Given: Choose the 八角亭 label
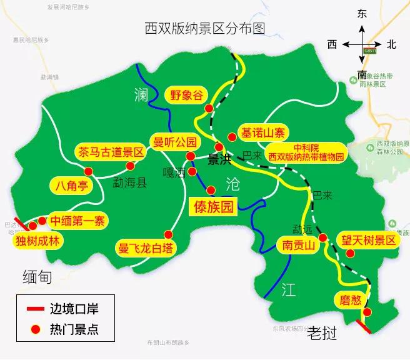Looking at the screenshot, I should [x=69, y=185].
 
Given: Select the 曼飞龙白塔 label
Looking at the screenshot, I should [x=144, y=247].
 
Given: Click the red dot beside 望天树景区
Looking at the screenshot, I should [x=351, y=254].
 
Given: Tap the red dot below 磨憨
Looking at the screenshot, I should [x=367, y=312].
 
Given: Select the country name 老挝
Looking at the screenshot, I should [x=323, y=335].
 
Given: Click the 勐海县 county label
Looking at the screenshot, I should [x=129, y=182].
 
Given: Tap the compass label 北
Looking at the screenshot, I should [x=391, y=44].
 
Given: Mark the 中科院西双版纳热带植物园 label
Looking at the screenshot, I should [x=306, y=152].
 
